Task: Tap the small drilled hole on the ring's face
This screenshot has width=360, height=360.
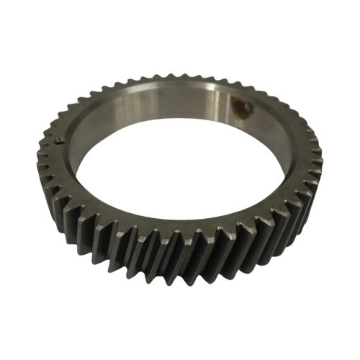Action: [x=57, y=142]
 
